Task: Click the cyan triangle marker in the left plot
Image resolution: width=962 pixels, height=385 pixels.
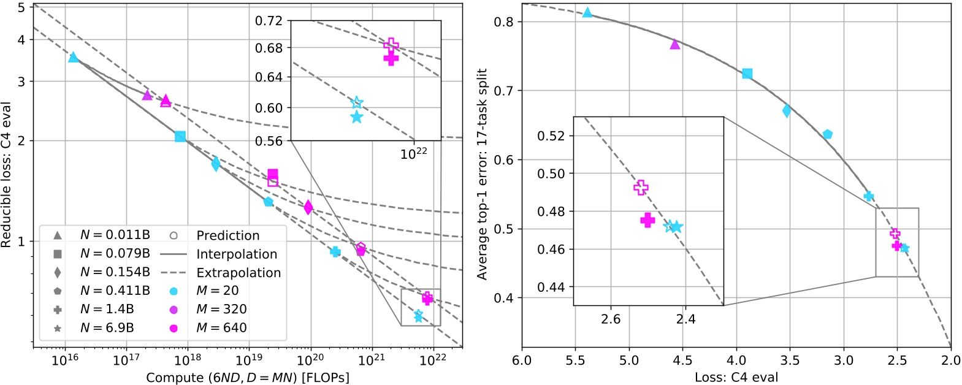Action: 74,58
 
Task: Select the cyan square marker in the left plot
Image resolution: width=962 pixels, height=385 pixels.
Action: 180,136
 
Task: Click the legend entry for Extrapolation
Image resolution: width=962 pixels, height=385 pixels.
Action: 238,272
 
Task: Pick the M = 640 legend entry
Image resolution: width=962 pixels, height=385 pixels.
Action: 221,328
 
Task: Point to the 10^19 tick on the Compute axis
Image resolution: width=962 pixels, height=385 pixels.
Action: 248,360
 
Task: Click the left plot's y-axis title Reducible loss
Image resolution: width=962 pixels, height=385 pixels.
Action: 7,175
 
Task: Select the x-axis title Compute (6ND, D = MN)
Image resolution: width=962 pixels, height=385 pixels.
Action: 248,378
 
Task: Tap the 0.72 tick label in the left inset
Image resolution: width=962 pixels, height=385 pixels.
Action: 269,21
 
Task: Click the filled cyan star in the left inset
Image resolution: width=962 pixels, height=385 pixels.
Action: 357,116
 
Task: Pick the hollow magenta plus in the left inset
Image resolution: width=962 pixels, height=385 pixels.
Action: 391,45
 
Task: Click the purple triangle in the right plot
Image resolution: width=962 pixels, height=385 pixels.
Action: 675,44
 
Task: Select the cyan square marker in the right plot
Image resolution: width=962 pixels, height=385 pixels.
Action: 747,74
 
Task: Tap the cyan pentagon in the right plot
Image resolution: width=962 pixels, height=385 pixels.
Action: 828,134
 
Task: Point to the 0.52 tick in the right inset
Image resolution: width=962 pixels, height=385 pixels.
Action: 551,135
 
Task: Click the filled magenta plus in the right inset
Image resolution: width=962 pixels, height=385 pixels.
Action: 647,221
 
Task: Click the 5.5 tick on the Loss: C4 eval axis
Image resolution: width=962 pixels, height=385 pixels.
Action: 575,360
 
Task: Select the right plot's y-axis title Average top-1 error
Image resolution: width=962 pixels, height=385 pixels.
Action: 483,174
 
